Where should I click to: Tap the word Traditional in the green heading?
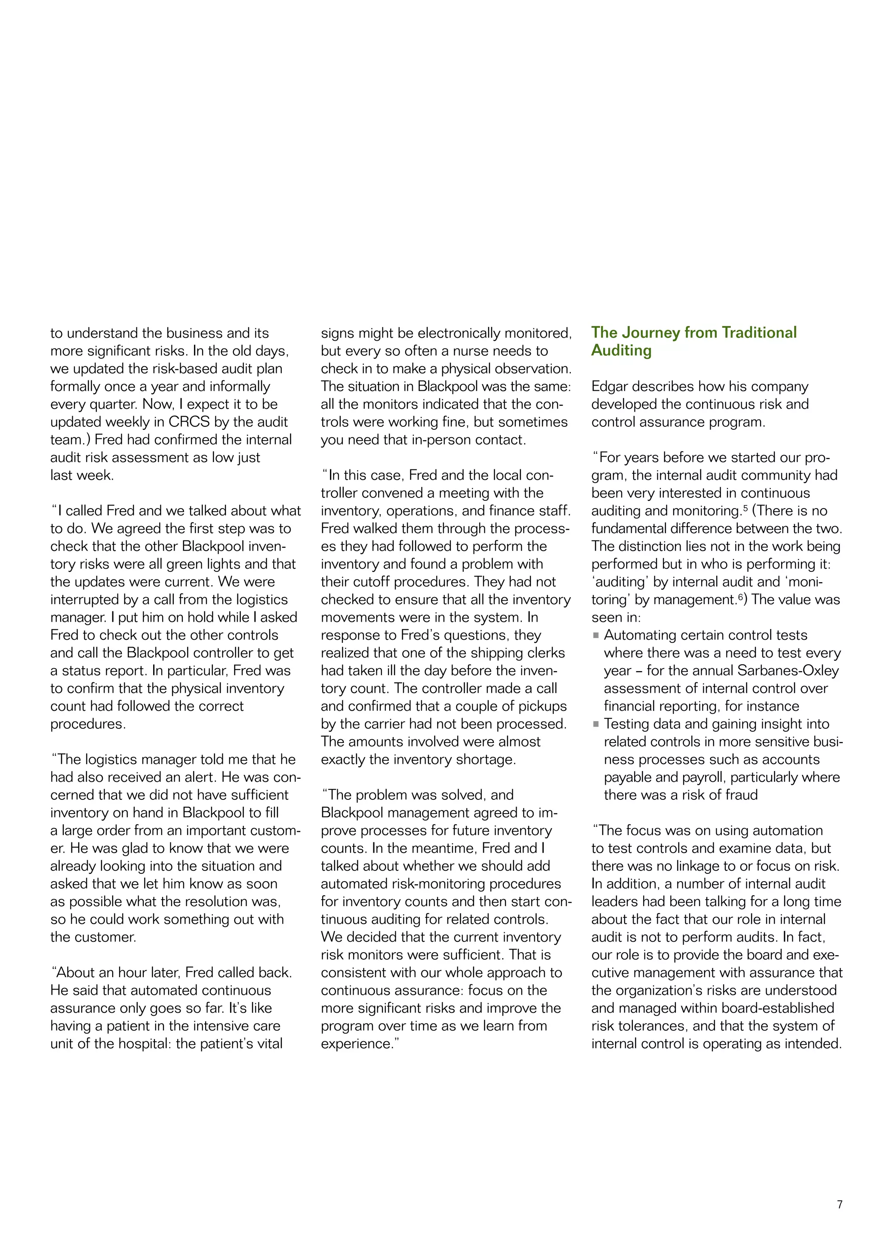tap(759, 332)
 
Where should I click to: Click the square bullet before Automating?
tap(596, 635)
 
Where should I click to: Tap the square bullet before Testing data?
tap(596, 724)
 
